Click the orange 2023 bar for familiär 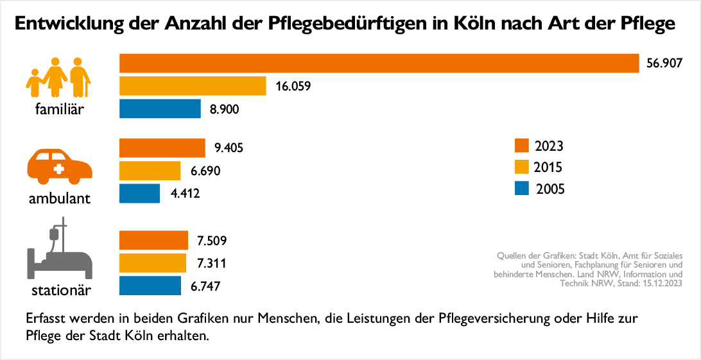[x=379, y=64]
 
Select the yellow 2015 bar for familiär [x=193, y=86]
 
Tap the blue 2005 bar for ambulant [x=140, y=193]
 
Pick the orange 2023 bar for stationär [x=154, y=241]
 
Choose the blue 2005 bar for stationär [x=150, y=286]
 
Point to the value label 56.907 [x=664, y=64]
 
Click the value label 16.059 [x=293, y=86]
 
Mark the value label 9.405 [x=229, y=148]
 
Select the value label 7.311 [x=212, y=263]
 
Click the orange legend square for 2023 [x=522, y=146]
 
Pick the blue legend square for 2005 [x=522, y=189]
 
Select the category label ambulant [x=60, y=198]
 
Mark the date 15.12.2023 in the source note [x=657, y=282]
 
